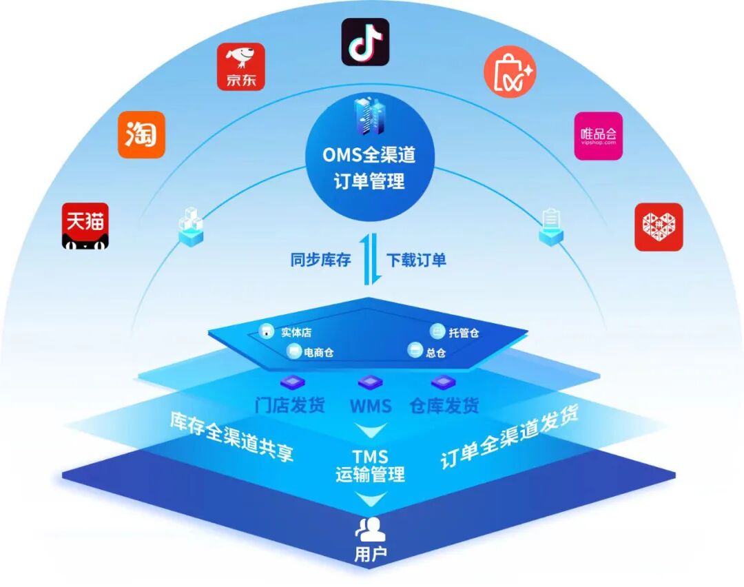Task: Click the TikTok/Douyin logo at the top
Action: coord(365,42)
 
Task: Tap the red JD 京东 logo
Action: coord(240,67)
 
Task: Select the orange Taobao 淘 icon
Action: coord(141,135)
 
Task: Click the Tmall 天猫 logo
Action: coord(85,225)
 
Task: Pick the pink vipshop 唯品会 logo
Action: coord(599,136)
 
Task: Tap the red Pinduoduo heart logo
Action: coord(658,227)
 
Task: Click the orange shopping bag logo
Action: coord(509,71)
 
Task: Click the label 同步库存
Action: coord(320,260)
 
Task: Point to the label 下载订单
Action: coord(415,260)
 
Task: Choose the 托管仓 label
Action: coord(464,333)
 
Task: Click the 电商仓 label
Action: coord(318,353)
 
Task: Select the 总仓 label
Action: coord(435,353)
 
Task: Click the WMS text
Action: coord(370,406)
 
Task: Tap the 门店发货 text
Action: coord(289,405)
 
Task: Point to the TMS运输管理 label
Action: coord(370,466)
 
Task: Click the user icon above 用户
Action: coord(370,529)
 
